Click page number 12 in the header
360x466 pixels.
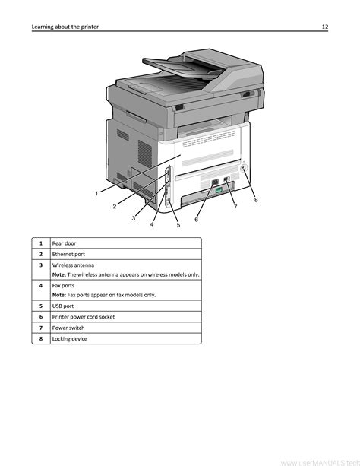click(325, 27)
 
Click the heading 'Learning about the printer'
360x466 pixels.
click(65, 27)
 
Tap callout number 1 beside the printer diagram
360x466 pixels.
click(96, 194)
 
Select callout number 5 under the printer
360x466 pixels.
click(178, 225)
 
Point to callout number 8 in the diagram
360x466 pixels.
click(256, 200)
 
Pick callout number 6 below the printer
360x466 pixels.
click(197, 220)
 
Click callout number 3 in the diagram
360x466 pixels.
click(134, 218)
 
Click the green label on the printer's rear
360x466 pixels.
click(219, 190)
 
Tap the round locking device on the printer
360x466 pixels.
click(244, 168)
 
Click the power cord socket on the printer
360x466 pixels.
click(215, 182)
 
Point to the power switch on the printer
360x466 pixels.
click(226, 179)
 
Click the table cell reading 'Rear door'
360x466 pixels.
click(64, 243)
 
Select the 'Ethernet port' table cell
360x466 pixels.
click(68, 255)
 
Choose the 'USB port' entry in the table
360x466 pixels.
click(63, 306)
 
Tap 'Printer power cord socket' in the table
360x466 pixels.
click(84, 317)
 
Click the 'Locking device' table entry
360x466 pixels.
click(70, 339)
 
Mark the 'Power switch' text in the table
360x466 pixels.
click(68, 328)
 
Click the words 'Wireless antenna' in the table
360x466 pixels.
click(74, 265)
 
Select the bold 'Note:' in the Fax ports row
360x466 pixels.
click(59, 295)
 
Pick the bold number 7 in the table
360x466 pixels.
click(41, 328)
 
